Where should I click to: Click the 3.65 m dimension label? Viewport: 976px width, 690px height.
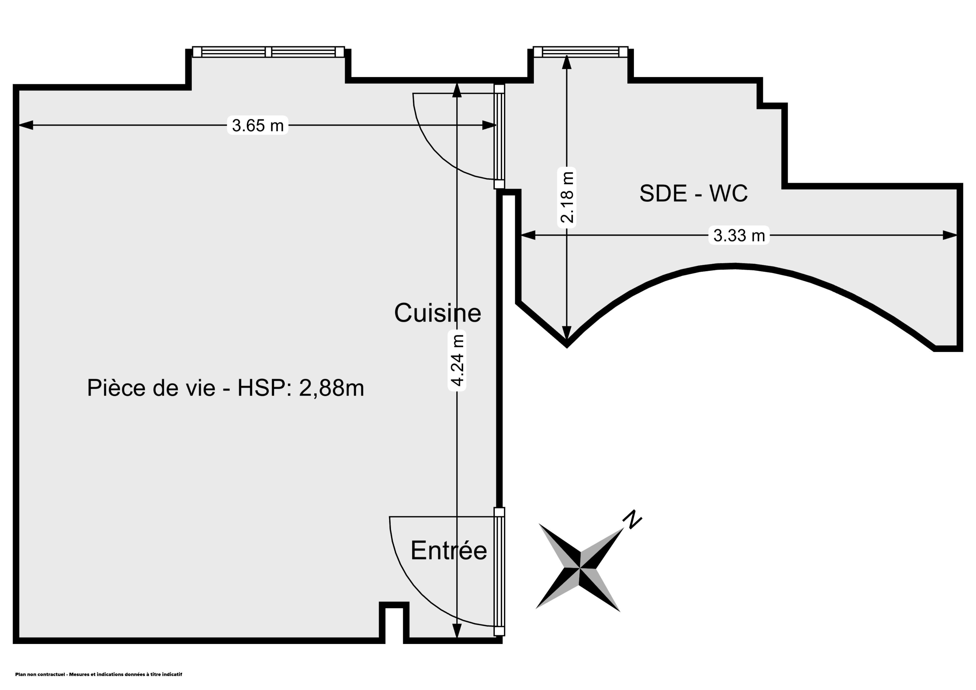coord(258,125)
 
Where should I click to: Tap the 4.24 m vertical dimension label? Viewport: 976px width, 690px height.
coord(457,360)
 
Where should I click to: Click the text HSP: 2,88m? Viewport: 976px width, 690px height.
coord(300,388)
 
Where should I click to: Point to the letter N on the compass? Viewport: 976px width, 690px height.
coord(632,519)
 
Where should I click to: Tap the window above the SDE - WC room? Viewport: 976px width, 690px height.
coord(580,52)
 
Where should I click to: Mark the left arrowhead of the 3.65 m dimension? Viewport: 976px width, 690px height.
coord(25,125)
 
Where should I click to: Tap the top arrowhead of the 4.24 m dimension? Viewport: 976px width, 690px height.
coord(457,90)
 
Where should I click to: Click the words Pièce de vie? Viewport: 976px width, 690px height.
coord(151,388)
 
